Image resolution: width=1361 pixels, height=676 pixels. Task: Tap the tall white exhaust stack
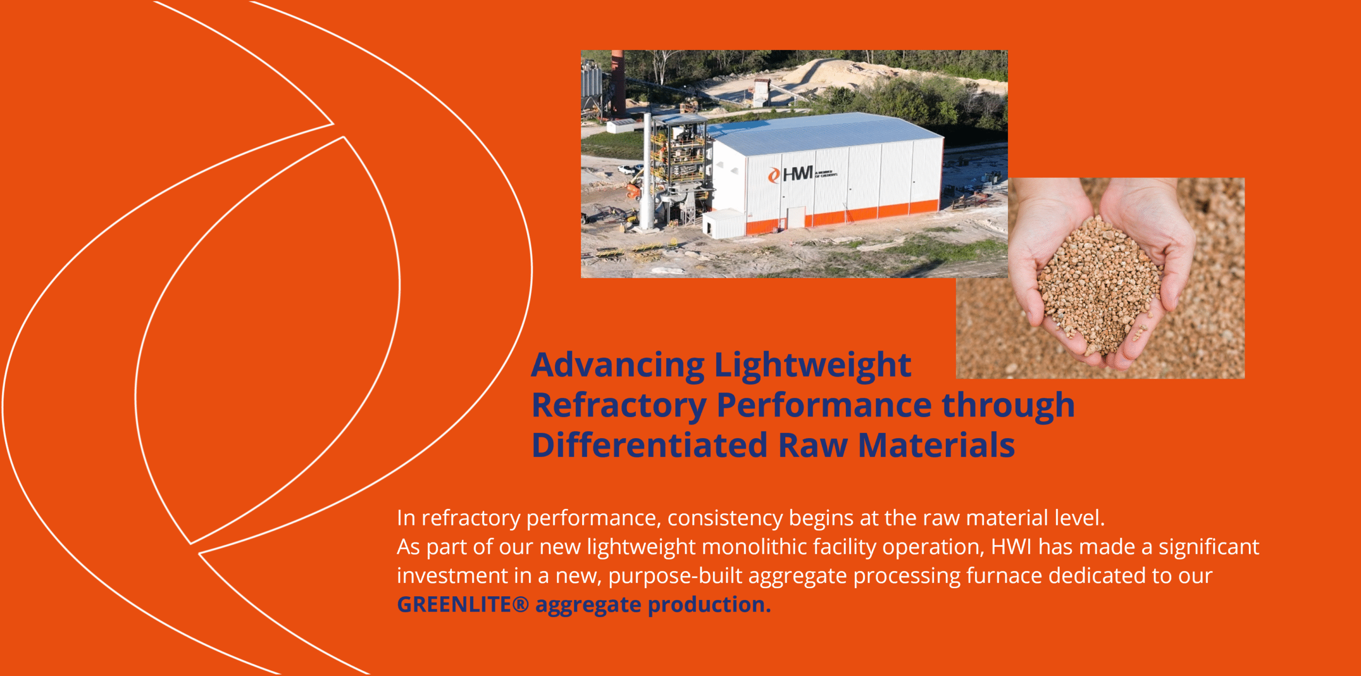click(x=647, y=176)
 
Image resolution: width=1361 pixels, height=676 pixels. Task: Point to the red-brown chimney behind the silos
click(x=618, y=80)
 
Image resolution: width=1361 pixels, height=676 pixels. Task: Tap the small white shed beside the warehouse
click(x=723, y=223)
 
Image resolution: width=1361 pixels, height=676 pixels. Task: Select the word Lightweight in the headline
click(x=812, y=366)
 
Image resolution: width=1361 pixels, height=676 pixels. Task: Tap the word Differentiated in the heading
click(x=650, y=445)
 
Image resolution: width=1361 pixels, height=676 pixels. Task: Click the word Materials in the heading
click(x=936, y=445)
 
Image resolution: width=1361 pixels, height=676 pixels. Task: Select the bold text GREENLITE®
click(x=463, y=605)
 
